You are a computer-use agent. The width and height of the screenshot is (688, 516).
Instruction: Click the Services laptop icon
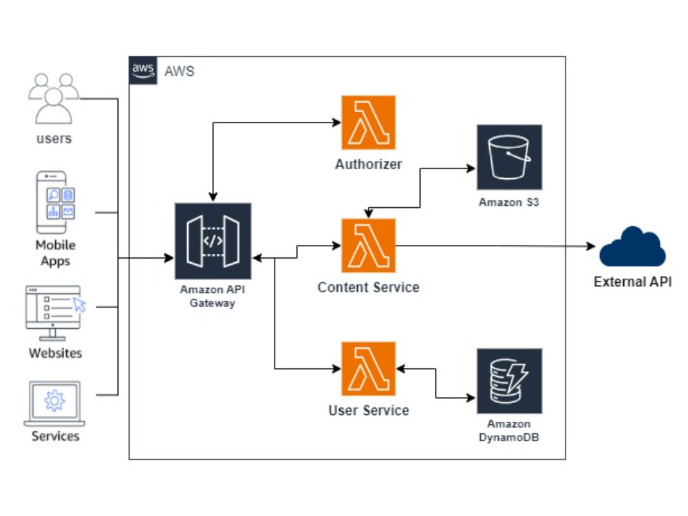click(x=54, y=403)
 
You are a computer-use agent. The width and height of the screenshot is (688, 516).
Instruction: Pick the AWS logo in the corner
click(x=143, y=71)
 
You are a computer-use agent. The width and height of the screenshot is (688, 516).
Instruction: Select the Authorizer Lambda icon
click(x=368, y=122)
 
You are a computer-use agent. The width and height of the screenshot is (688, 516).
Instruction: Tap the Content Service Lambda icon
click(x=368, y=246)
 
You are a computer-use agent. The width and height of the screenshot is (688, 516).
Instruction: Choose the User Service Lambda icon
click(x=368, y=368)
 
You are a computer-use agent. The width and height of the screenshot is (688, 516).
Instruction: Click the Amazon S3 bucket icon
click(x=509, y=157)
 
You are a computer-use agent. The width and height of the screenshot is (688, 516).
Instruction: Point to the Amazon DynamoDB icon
click(x=509, y=380)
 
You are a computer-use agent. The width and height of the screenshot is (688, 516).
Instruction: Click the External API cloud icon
click(x=632, y=247)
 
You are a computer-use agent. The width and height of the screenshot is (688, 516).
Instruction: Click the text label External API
click(x=632, y=281)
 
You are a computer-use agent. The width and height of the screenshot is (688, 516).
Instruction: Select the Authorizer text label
click(x=368, y=164)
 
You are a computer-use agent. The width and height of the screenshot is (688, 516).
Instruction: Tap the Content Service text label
click(x=368, y=287)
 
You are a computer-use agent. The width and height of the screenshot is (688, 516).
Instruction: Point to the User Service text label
click(x=368, y=411)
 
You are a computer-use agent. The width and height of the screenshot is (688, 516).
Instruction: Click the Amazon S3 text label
click(x=509, y=202)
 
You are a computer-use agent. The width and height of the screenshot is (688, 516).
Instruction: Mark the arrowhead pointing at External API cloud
click(x=590, y=246)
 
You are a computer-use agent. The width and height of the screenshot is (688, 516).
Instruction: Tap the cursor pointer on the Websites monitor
click(x=80, y=305)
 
